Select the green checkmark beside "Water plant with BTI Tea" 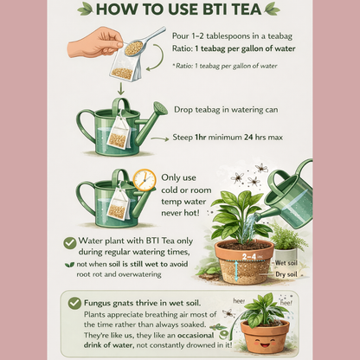click(x=70, y=243)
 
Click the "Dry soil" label click(x=286, y=274)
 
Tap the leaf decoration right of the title click(x=273, y=10)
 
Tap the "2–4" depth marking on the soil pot click(x=246, y=256)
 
